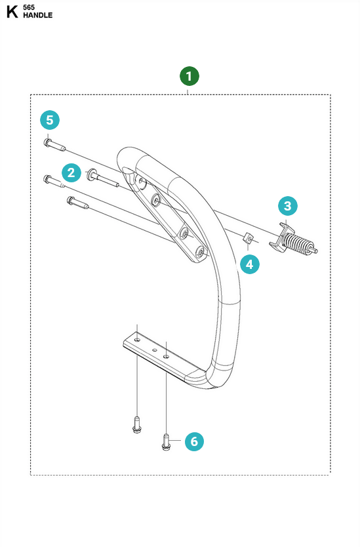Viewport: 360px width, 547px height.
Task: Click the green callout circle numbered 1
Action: pyautogui.click(x=190, y=76)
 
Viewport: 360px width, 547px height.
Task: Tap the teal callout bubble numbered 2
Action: pyautogui.click(x=71, y=172)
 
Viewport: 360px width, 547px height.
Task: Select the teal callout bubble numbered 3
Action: pyautogui.click(x=288, y=206)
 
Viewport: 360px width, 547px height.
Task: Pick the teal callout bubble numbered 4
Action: pyautogui.click(x=250, y=264)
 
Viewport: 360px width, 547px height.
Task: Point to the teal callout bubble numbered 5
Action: pyautogui.click(x=50, y=120)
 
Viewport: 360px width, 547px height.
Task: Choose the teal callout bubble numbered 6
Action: pyautogui.click(x=194, y=441)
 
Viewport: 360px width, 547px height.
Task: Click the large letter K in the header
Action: pyautogui.click(x=12, y=12)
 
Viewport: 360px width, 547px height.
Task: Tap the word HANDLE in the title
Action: pyautogui.click(x=37, y=15)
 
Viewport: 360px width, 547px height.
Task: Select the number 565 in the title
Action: pyautogui.click(x=29, y=7)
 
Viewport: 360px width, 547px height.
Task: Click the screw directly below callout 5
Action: pyautogui.click(x=54, y=145)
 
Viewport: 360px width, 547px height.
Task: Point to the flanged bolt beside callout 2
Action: pyautogui.click(x=103, y=178)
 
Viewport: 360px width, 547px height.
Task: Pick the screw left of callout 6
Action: pyautogui.click(x=167, y=441)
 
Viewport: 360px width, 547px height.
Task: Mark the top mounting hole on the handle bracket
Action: pyautogui.click(x=140, y=181)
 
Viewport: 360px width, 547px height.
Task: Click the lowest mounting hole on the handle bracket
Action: pyautogui.click(x=200, y=251)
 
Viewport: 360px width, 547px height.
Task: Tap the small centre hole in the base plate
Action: pyautogui.click(x=153, y=348)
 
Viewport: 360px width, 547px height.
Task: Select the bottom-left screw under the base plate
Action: pyautogui.click(x=137, y=424)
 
